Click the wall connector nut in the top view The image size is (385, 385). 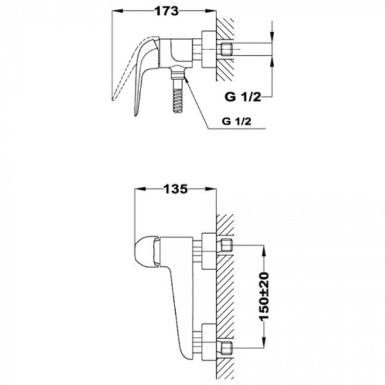pyautogui.click(x=208, y=49)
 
